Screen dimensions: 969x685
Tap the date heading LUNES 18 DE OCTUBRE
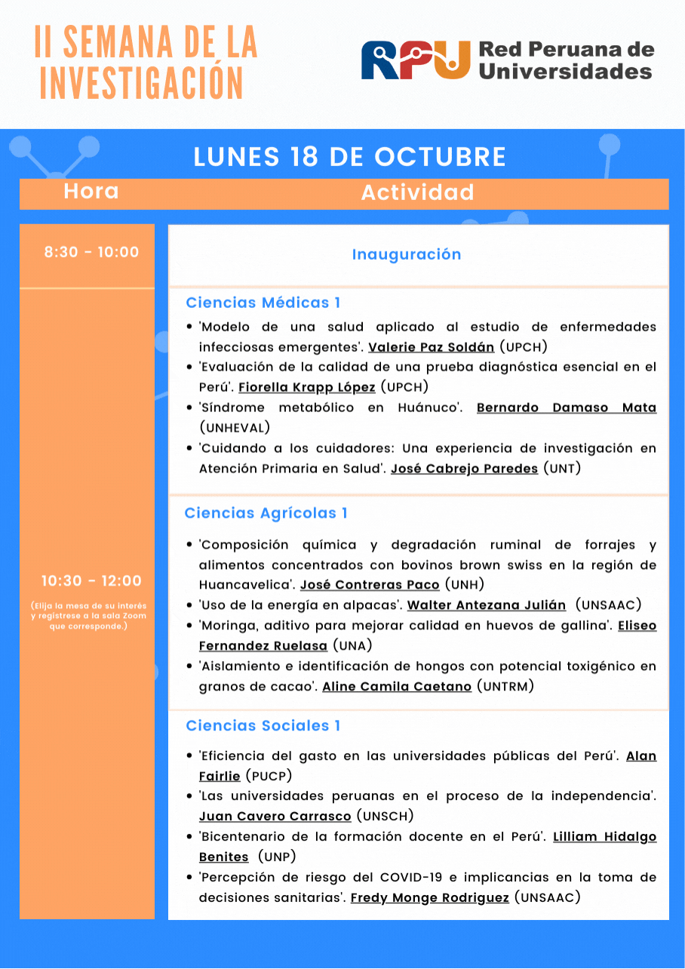click(x=349, y=157)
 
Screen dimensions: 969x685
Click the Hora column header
click(x=91, y=192)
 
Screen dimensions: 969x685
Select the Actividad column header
click(x=417, y=192)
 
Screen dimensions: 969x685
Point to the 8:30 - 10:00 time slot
click(x=91, y=252)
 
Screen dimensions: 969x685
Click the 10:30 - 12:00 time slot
click(x=91, y=581)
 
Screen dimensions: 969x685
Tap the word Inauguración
click(x=406, y=254)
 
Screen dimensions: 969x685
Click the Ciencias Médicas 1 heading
click(x=263, y=303)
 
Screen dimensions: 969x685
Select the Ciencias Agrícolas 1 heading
click(x=266, y=513)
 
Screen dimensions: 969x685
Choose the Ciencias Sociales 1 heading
click(x=263, y=726)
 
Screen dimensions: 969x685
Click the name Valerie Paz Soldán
click(x=431, y=347)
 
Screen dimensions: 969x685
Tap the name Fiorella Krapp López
click(x=306, y=387)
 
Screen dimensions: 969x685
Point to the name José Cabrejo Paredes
click(x=464, y=469)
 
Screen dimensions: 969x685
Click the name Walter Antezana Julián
click(x=486, y=605)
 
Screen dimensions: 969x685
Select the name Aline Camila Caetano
click(x=396, y=687)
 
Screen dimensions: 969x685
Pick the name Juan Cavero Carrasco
click(x=275, y=817)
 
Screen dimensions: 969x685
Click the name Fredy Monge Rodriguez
click(x=429, y=898)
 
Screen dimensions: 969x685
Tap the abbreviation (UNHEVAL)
click(x=235, y=428)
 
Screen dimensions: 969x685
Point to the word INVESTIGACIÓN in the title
click(x=142, y=83)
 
